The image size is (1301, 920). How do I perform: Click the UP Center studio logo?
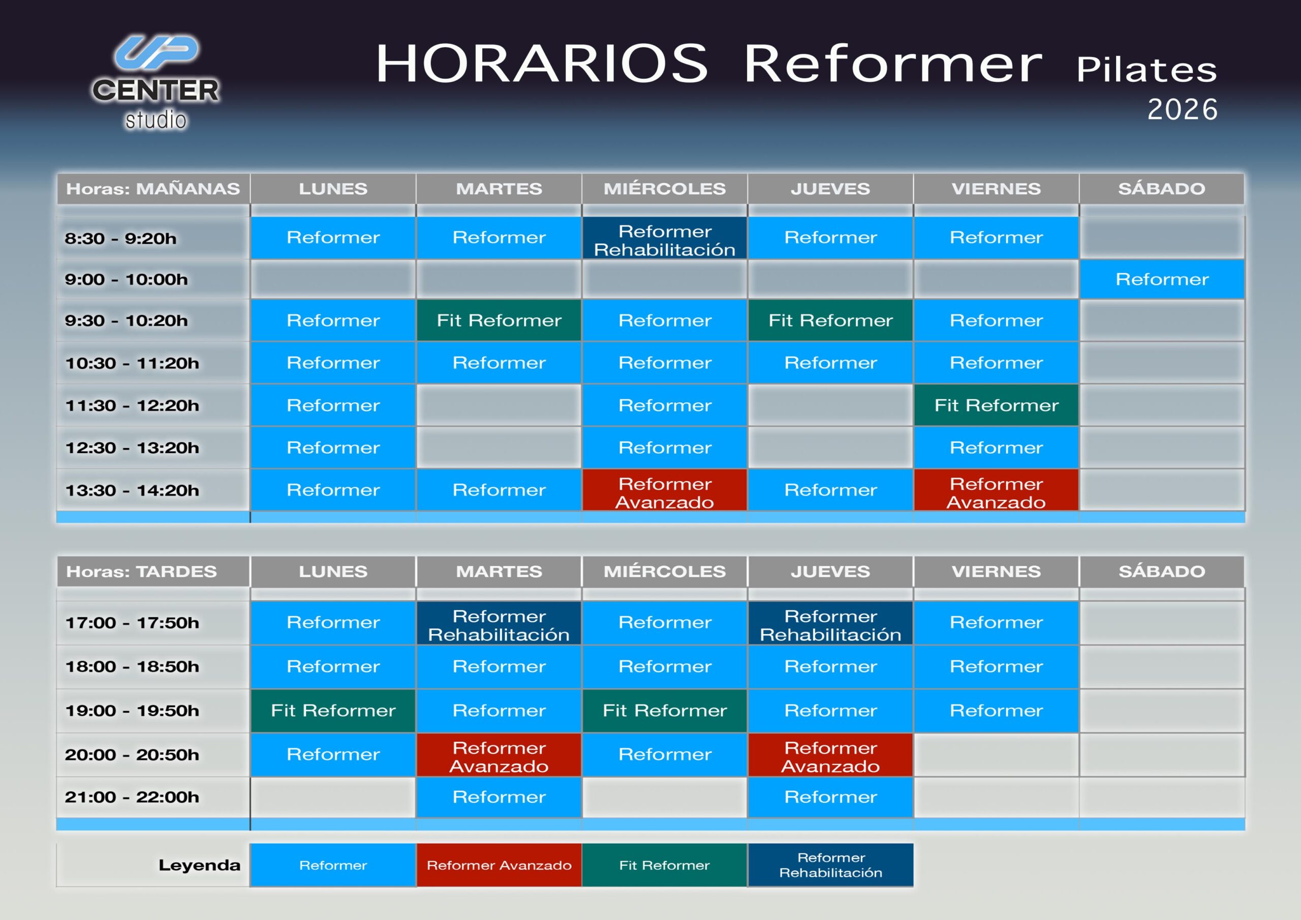click(156, 83)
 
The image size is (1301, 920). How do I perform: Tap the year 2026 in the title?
click(1182, 109)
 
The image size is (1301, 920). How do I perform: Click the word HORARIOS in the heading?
click(542, 64)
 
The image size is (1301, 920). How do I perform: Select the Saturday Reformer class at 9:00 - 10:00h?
click(1162, 279)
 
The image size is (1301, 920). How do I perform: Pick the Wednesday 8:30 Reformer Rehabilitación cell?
click(665, 238)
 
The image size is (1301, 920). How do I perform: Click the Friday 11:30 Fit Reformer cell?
click(996, 405)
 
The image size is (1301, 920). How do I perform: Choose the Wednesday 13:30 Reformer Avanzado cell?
click(665, 490)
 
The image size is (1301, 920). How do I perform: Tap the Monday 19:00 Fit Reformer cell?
click(333, 710)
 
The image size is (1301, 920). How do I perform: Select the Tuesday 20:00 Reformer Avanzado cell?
click(499, 754)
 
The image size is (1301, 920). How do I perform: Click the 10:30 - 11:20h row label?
click(132, 363)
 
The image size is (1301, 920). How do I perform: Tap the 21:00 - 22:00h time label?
click(132, 797)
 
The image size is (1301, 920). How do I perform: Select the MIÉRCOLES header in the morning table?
click(665, 188)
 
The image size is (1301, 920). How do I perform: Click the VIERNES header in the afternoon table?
click(996, 572)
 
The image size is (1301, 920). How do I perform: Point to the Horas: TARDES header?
click(142, 572)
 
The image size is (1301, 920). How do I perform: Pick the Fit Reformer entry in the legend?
click(664, 865)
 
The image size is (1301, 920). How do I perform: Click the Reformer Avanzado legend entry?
click(499, 865)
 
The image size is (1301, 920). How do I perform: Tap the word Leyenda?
click(199, 865)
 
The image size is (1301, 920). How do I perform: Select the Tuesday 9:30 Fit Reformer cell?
click(499, 321)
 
